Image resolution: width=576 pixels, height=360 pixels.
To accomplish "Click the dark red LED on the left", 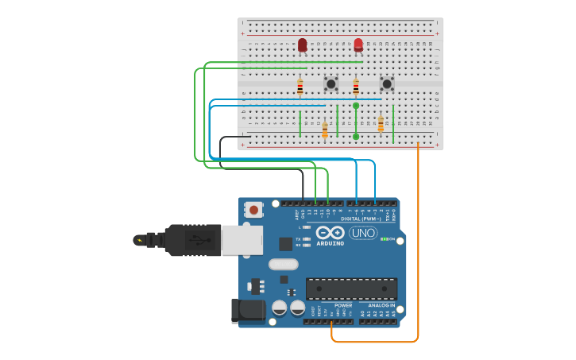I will point(302,45).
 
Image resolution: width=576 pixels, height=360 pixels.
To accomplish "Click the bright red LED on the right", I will point(358,44).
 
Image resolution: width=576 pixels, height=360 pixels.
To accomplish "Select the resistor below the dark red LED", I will point(300,87).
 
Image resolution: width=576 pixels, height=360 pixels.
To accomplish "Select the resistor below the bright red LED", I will point(355,87).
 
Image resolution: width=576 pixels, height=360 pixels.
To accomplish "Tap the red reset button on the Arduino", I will point(253,210).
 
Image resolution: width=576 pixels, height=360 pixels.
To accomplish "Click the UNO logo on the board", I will point(363,232).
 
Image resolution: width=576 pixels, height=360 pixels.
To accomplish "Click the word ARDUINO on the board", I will point(331,243).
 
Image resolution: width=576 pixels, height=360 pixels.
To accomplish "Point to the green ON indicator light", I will point(384,238).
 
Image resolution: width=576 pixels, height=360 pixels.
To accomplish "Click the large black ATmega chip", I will point(350,288).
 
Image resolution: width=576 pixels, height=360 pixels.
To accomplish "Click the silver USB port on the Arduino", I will point(241,240).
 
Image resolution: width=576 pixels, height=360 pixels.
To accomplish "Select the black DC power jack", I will point(247,311).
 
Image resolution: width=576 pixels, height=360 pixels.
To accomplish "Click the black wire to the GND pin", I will point(303,183).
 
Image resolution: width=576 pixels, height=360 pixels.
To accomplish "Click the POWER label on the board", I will point(343,305).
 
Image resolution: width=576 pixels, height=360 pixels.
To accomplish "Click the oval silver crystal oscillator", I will point(284,265).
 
